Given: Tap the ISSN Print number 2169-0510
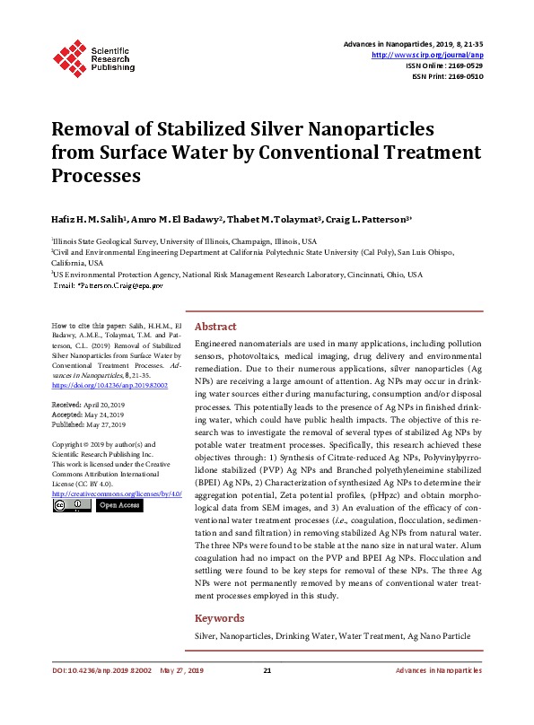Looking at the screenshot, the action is [x=462, y=77].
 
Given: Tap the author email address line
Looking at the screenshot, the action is [x=109, y=284].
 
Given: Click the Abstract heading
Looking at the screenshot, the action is [x=215, y=328].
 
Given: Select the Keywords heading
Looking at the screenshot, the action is [x=220, y=618].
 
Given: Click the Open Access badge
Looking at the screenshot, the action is [x=118, y=506].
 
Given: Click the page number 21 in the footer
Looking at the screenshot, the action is [x=267, y=696].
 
